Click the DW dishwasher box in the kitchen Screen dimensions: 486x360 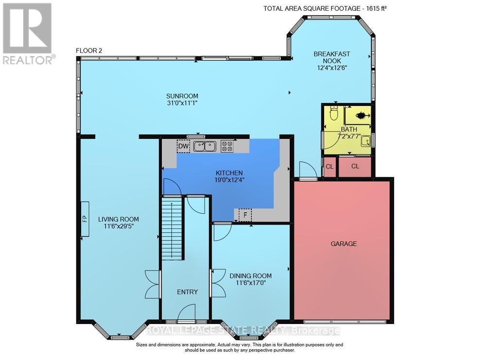pos(184,146)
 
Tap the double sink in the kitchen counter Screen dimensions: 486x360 pos(205,146)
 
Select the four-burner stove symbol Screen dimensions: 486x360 pos(227,146)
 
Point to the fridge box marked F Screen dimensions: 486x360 pos(245,215)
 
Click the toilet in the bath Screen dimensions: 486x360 pos(334,113)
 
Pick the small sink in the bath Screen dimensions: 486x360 pos(366,141)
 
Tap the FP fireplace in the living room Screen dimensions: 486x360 pos(85,219)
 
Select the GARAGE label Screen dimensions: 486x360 pos(344,244)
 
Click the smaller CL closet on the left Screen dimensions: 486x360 pos(330,167)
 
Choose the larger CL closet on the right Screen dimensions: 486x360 pos(355,167)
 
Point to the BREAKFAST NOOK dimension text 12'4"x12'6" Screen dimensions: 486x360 pos(332,68)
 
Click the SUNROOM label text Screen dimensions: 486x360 pos(182,96)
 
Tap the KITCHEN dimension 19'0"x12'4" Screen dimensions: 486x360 pos(229,180)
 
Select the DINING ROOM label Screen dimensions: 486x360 pos(250,276)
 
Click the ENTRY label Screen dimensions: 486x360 pos(187,292)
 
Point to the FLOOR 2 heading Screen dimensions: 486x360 pos(89,51)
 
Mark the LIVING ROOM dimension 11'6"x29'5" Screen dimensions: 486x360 pos(119,226)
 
